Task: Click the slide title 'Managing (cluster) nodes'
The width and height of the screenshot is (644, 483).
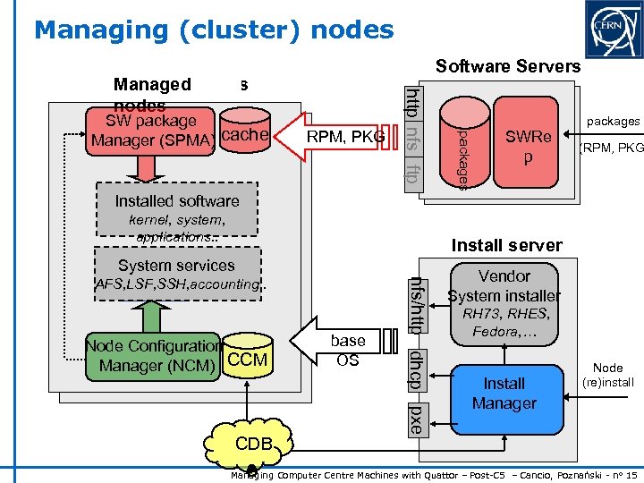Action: click(214, 30)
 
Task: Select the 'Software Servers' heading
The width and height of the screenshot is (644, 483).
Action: click(507, 66)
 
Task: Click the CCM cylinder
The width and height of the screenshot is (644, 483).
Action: click(247, 357)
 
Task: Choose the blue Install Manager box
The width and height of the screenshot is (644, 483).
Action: click(504, 393)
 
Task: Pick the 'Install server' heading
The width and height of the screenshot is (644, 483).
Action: click(506, 245)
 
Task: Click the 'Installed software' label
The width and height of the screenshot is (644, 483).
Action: click(176, 201)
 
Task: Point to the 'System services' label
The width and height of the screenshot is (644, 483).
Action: click(176, 266)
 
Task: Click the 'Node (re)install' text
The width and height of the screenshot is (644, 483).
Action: click(607, 375)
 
